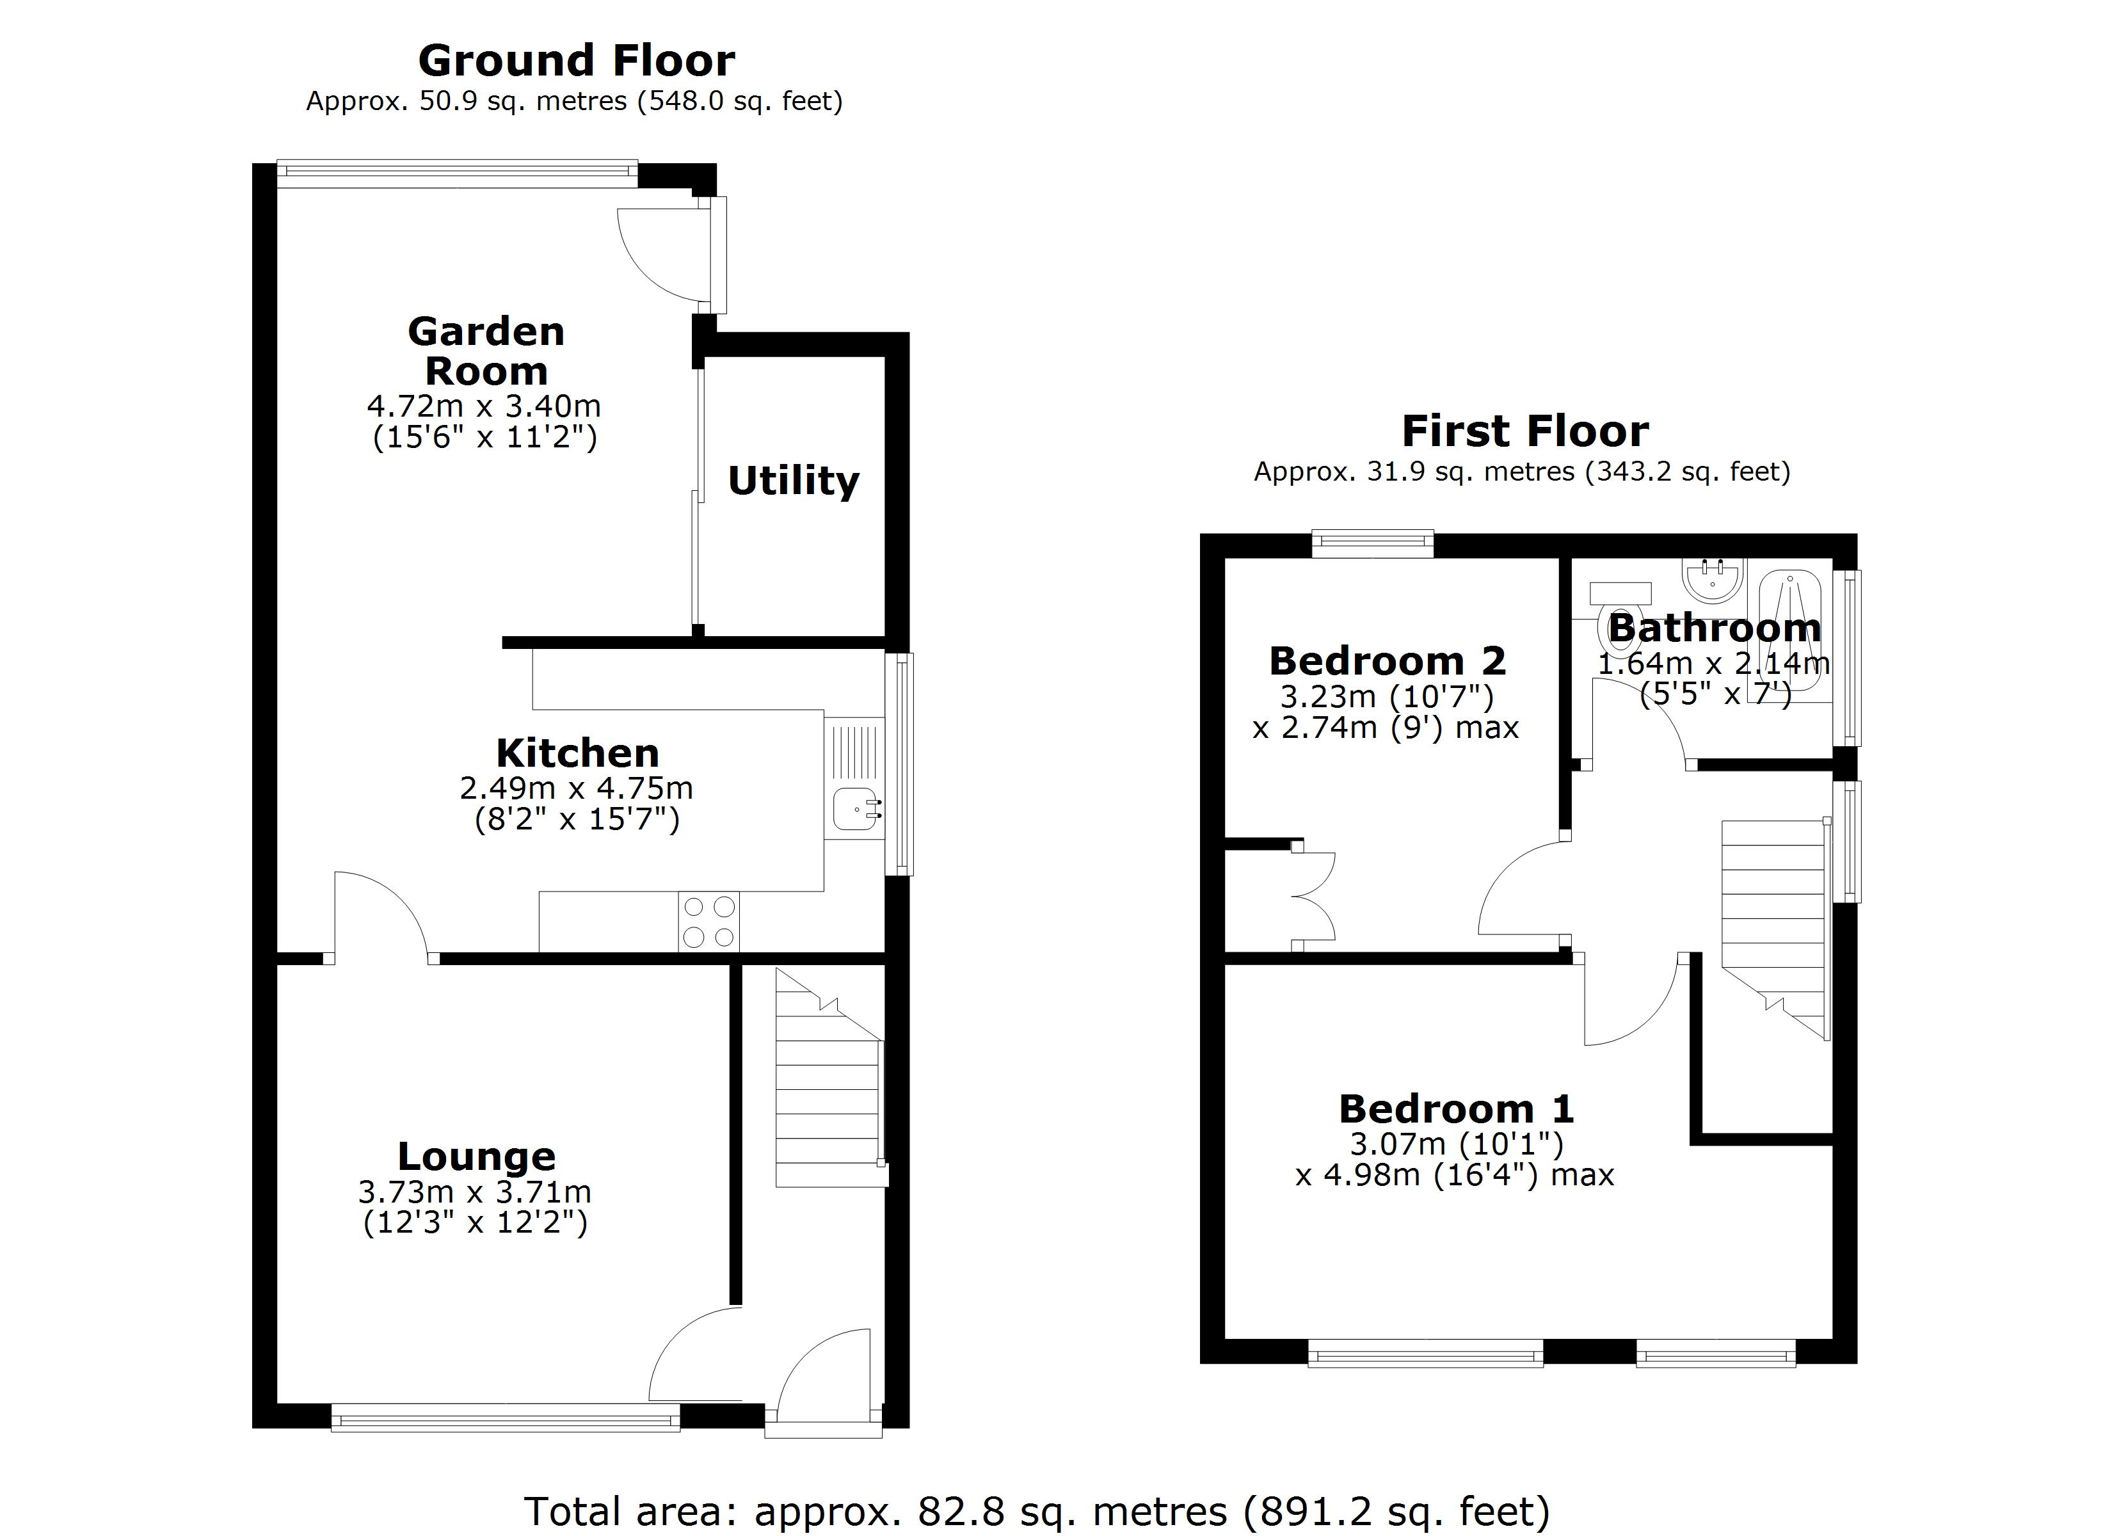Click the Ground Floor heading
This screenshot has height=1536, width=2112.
577,61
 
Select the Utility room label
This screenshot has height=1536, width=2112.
794,481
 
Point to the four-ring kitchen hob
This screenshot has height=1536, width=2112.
708,921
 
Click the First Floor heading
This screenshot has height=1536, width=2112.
1524,432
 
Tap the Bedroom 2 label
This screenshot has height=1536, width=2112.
1387,661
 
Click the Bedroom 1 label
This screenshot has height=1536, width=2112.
1455,1109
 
